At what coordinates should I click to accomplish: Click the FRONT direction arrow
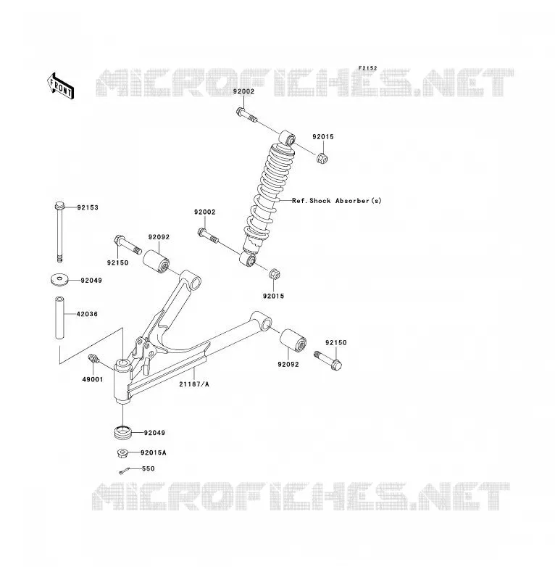60,86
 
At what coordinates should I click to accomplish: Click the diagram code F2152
367,68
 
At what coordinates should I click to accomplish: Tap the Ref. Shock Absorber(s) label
337,201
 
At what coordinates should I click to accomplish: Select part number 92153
88,207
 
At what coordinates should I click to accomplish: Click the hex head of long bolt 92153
59,206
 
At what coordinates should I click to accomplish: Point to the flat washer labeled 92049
60,280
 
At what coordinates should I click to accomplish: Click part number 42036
87,314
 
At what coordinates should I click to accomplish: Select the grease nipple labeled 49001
93,359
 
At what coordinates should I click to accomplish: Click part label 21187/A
194,384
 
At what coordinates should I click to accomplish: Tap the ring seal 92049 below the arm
123,432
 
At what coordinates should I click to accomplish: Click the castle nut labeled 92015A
123,452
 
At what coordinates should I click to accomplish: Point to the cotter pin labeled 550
125,471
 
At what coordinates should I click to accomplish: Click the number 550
148,468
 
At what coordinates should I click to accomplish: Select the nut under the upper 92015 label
322,158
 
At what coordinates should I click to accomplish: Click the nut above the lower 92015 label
275,275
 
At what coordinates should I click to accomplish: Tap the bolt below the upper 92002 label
247,115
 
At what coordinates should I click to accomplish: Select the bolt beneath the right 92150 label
328,360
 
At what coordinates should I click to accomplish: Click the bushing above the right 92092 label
293,340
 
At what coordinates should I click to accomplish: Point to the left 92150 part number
117,263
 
